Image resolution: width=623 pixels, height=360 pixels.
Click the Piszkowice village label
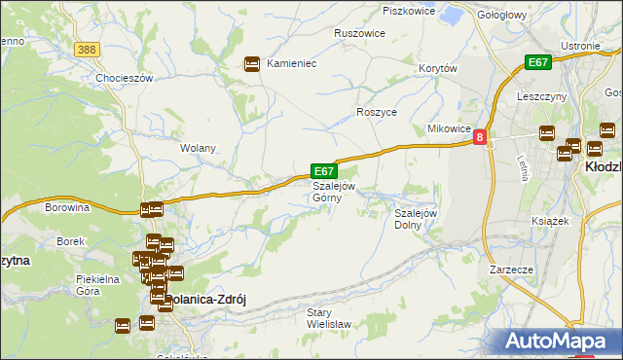(x=407, y=11)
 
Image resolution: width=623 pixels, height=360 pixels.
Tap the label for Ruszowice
(x=359, y=33)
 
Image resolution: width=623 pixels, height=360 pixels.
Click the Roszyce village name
(x=377, y=113)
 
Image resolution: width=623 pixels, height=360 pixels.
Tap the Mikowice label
(x=450, y=129)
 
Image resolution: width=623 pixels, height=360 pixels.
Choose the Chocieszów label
(x=125, y=78)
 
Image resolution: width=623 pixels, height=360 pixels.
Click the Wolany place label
(x=198, y=149)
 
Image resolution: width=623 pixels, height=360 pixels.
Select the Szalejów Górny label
(x=333, y=192)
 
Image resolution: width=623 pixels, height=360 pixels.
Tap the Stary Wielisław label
(x=322, y=318)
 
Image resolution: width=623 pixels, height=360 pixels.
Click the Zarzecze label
(x=512, y=270)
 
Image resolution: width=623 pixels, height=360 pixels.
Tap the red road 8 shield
(x=480, y=139)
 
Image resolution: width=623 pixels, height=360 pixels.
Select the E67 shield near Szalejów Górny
(x=324, y=169)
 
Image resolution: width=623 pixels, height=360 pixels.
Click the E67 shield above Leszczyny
(x=538, y=62)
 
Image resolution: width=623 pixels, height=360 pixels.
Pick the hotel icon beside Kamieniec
(x=252, y=63)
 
